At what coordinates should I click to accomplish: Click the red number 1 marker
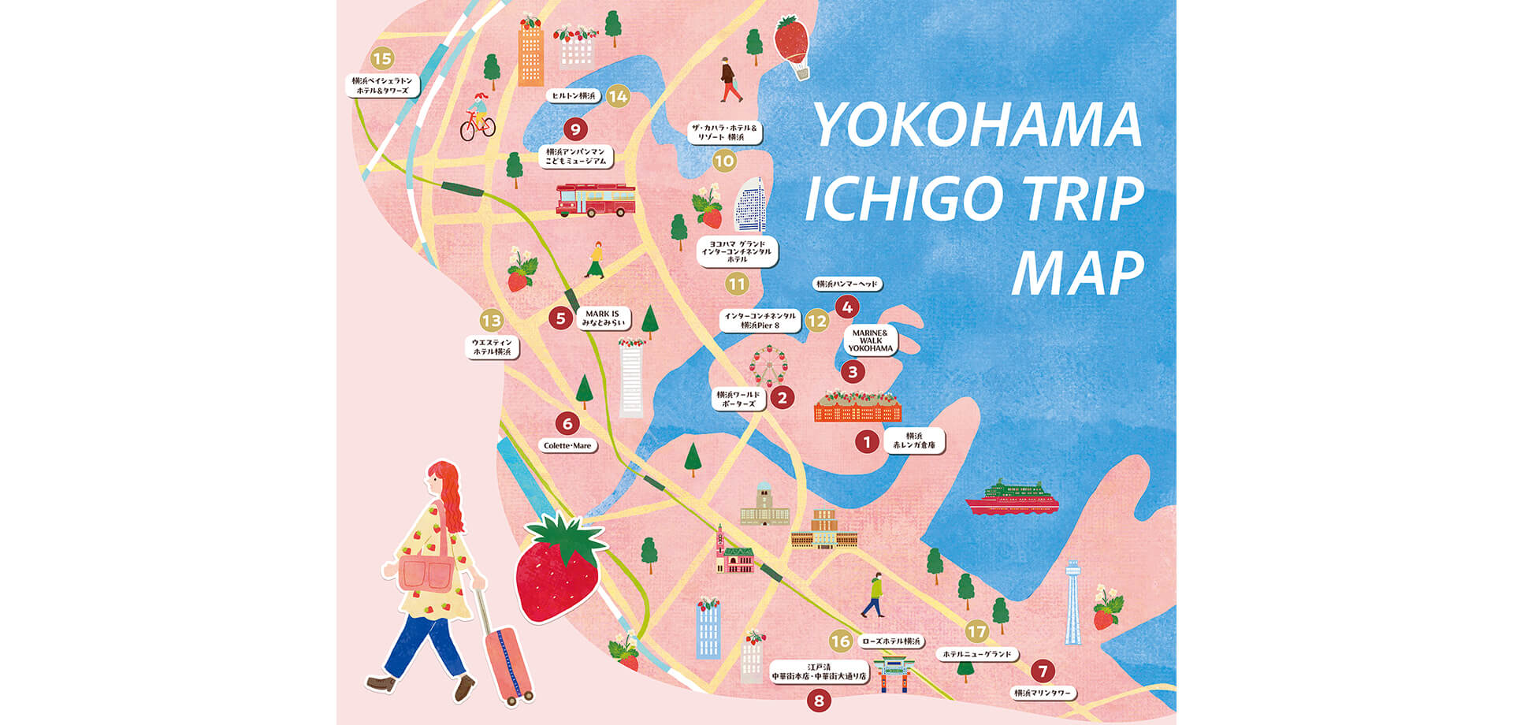click(867, 442)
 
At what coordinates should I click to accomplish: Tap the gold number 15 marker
click(381, 58)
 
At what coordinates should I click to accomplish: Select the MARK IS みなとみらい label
click(603, 318)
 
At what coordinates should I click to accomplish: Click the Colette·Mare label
click(567, 446)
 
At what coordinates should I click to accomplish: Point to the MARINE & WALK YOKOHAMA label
click(871, 340)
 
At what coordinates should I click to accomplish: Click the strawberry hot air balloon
click(792, 46)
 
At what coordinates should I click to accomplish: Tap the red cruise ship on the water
click(1011, 498)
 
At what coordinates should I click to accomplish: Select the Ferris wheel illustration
click(768, 366)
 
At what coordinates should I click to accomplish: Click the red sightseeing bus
click(595, 200)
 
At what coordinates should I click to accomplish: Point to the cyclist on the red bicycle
click(478, 118)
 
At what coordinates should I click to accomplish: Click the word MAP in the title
click(1077, 273)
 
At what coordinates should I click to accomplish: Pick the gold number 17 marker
click(976, 631)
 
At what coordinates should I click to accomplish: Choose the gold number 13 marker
click(492, 320)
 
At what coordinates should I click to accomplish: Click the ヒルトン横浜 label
click(573, 96)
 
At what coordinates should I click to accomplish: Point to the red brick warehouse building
click(857, 407)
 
